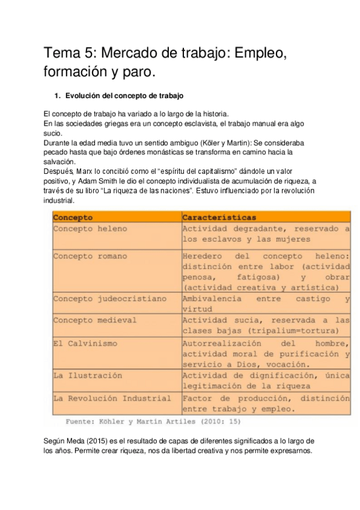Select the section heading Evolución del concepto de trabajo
(124, 96)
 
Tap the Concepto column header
(73, 217)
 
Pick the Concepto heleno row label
(90, 229)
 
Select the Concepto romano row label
(90, 256)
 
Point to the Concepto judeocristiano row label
(109, 298)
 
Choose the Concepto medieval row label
(94, 320)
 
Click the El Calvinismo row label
(85, 343)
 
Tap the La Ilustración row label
(87, 375)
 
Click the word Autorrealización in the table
(222, 343)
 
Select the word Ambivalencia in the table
(212, 298)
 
